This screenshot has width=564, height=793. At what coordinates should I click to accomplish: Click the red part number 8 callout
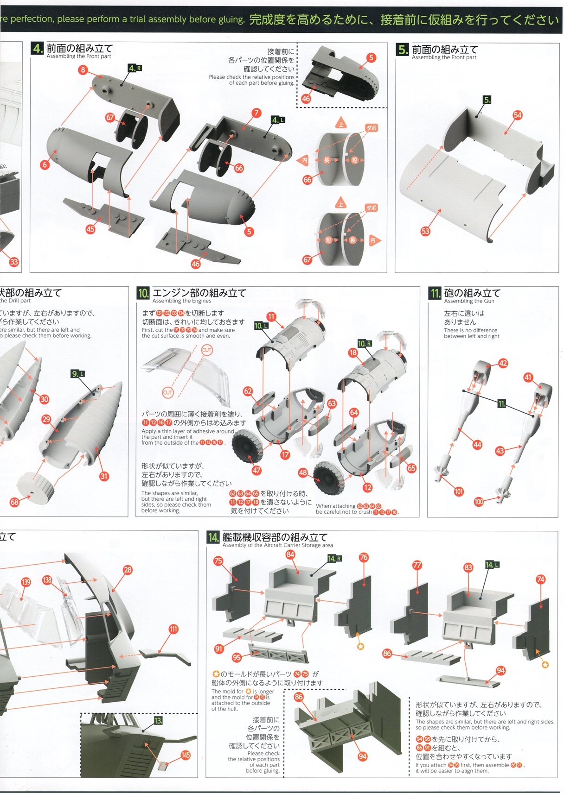pyautogui.click(x=83, y=70)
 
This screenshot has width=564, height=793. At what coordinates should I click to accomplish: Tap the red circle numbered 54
pyautogui.click(x=517, y=115)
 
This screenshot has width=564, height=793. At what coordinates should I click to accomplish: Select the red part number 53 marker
pyautogui.click(x=425, y=231)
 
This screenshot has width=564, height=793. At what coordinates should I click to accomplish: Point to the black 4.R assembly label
pyautogui.click(x=135, y=68)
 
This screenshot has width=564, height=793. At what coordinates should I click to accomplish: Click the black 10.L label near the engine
pyautogui.click(x=261, y=326)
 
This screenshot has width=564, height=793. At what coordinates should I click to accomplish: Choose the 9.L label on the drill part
pyautogui.click(x=78, y=374)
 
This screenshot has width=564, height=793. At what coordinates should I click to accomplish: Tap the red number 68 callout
pyautogui.click(x=14, y=502)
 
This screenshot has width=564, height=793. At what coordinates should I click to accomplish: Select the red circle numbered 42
pyautogui.click(x=503, y=363)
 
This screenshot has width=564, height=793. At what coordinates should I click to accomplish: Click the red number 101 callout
pyautogui.click(x=459, y=491)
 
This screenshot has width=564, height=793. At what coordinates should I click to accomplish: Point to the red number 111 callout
pyautogui.click(x=173, y=629)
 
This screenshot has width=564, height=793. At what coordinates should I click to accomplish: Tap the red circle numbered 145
pyautogui.click(x=186, y=755)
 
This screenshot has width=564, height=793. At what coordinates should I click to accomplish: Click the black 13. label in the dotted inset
pyautogui.click(x=159, y=721)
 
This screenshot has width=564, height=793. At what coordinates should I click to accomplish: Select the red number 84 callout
pyautogui.click(x=290, y=554)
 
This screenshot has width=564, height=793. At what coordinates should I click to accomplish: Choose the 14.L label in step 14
pyautogui.click(x=492, y=565)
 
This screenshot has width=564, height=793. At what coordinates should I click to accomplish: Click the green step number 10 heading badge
pyautogui.click(x=143, y=293)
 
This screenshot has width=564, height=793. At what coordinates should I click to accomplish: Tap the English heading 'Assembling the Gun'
pyautogui.click(x=469, y=301)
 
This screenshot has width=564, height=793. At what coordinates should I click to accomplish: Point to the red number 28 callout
pyautogui.click(x=128, y=570)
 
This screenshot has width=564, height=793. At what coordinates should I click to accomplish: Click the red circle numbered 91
pyautogui.click(x=219, y=649)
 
